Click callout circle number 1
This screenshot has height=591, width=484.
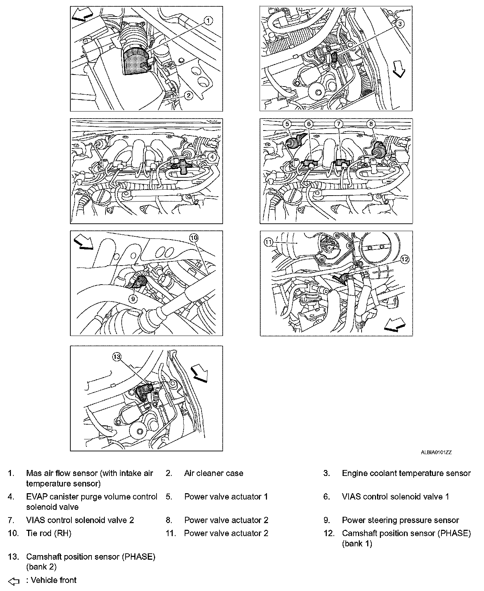click(209, 21)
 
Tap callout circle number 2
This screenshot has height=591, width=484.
click(189, 95)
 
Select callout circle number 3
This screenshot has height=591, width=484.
click(400, 24)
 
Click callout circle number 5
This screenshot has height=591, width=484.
click(287, 124)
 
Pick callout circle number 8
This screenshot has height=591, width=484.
click(371, 124)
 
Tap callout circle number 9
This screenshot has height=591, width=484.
click(133, 299)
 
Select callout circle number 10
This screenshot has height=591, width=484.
click(194, 238)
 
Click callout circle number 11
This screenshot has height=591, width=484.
click(269, 242)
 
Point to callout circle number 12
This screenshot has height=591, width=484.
click(405, 259)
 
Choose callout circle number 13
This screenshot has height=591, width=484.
click(116, 357)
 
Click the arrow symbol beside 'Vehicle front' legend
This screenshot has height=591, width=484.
click(14, 581)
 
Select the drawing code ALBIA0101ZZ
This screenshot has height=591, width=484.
click(436, 453)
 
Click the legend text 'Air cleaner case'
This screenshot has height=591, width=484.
click(214, 473)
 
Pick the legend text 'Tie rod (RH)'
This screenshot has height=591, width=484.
click(49, 533)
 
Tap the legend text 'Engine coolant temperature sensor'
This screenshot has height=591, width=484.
click(406, 473)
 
